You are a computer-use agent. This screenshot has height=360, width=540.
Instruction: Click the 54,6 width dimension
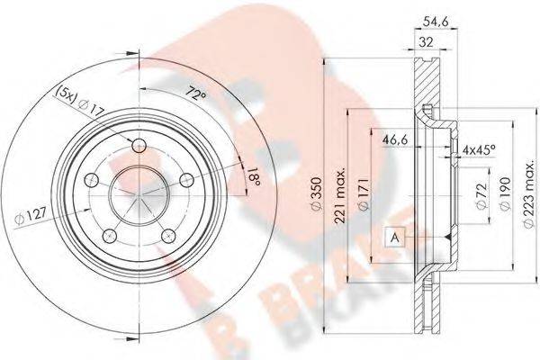436,22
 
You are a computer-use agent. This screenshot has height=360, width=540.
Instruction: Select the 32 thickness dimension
426,42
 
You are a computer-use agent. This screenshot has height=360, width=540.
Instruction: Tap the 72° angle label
195,93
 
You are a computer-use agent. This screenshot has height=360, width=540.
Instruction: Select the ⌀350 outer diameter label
316,193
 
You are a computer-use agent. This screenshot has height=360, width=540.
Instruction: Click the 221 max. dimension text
340,196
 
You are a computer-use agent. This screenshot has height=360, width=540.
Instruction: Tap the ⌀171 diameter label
364,194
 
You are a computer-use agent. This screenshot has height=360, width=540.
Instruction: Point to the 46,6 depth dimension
395,139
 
